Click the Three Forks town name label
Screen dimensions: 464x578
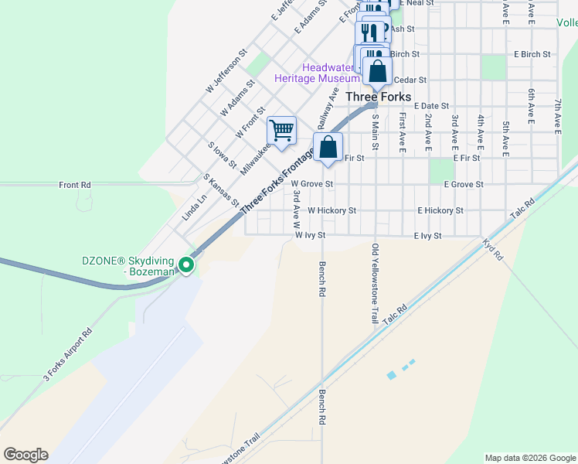coord(378,97)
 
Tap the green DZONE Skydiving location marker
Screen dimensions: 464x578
coord(186,265)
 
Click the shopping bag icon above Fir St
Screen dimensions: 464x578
coord(328,146)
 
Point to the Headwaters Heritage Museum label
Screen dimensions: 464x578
coord(317,73)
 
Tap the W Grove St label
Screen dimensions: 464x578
coord(312,184)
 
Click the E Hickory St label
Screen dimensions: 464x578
coord(440,210)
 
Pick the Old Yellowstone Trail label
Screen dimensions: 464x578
coord(376,284)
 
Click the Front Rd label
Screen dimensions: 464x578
coord(75,186)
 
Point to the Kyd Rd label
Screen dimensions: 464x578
coord(491,250)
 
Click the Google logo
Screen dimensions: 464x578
coord(25,455)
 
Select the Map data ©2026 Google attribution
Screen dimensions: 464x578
coord(530,458)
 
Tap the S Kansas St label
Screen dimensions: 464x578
coord(221,190)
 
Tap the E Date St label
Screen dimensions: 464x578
coord(432,106)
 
